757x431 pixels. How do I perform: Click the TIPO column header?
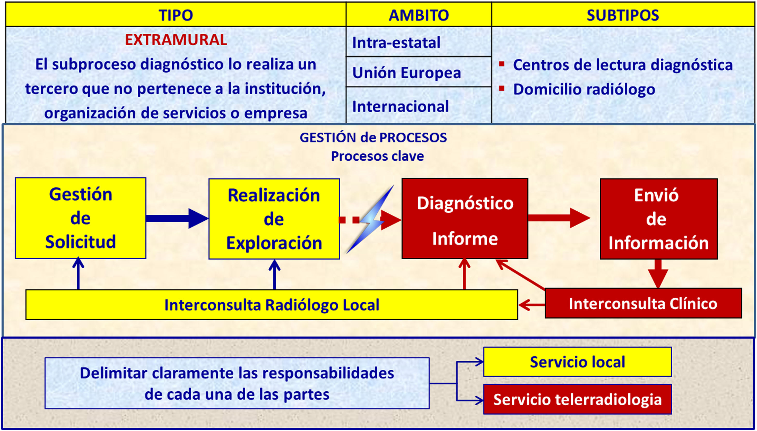(176, 15)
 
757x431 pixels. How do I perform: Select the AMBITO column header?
(418, 15)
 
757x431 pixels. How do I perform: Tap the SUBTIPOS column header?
(623, 15)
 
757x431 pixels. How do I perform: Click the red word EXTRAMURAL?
(176, 40)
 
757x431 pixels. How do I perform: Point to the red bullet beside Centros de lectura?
(502, 64)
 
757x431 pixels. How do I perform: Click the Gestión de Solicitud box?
(80, 218)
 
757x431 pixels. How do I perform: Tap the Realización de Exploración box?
(274, 219)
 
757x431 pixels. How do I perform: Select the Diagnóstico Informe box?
(465, 218)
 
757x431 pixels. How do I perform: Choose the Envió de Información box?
(659, 219)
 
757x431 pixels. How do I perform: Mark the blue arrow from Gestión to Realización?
(177, 218)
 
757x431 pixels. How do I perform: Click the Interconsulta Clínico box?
(643, 303)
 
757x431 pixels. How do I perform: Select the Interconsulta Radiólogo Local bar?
(271, 305)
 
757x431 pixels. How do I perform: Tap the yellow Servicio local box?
(577, 362)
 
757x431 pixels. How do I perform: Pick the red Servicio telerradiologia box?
(577, 399)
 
